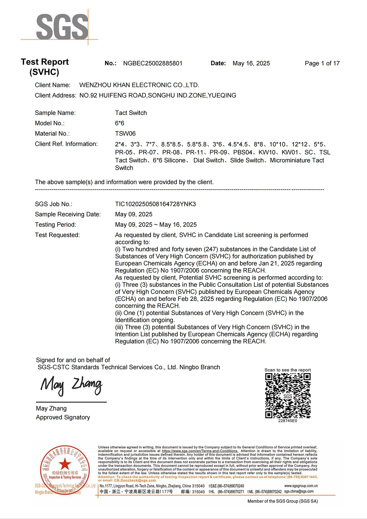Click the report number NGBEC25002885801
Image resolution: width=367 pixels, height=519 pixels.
(x=153, y=63)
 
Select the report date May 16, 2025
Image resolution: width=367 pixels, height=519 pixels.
(x=251, y=63)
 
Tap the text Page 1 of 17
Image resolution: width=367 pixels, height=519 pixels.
(x=322, y=63)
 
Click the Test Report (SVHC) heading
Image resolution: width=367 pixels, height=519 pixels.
(x=45, y=67)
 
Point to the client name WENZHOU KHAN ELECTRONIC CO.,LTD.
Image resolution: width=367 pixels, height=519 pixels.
(x=139, y=85)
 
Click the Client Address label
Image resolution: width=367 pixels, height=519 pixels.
(x=55, y=96)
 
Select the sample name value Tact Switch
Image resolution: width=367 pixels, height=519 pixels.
(x=131, y=113)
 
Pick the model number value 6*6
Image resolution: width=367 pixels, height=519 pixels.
(x=120, y=123)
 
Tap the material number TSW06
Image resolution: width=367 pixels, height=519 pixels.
(x=125, y=134)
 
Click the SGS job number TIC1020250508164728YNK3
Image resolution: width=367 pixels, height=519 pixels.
(x=155, y=204)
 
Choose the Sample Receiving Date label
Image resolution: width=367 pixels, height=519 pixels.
(x=68, y=215)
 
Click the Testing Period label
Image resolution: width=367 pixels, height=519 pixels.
(x=55, y=225)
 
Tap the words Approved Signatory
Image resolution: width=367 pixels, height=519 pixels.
(x=63, y=418)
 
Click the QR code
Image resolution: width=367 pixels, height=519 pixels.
(x=288, y=396)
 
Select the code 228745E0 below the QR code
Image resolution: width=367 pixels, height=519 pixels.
(x=287, y=421)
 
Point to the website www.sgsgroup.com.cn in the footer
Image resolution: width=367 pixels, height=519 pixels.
(x=301, y=486)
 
